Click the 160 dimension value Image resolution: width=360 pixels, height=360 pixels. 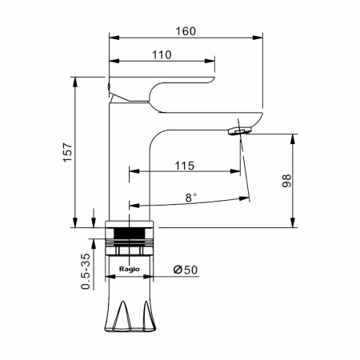click(x=186, y=31)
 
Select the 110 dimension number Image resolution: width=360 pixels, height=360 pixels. click(x=162, y=55)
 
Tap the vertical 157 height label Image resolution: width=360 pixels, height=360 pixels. click(x=68, y=152)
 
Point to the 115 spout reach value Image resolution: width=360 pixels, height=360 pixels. click(x=185, y=166)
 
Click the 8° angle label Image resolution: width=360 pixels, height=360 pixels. click(x=191, y=198)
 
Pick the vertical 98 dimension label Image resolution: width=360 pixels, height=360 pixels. click(x=287, y=181)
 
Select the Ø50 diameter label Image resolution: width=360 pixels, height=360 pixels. click(x=186, y=270)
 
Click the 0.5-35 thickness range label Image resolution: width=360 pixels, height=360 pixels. click(x=86, y=271)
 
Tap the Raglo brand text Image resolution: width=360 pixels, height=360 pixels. click(x=130, y=269)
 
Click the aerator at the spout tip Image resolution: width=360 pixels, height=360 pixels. click(x=240, y=131)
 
